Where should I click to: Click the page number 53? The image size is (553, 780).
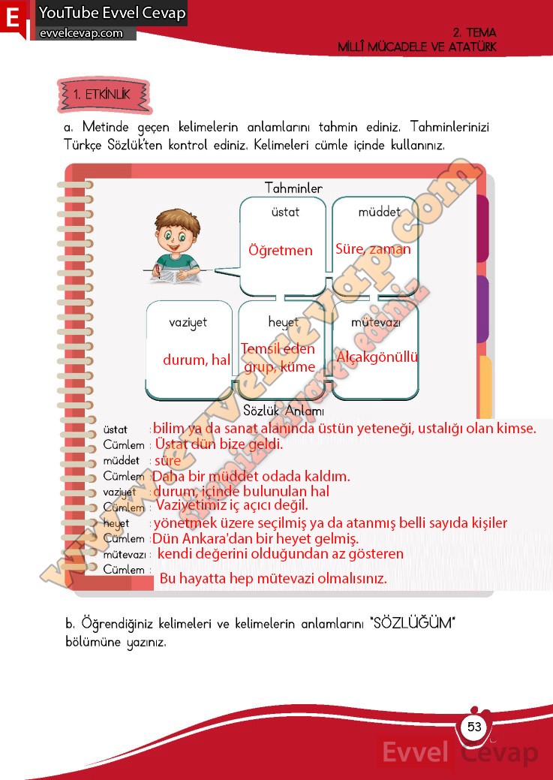pyautogui.click(x=474, y=727)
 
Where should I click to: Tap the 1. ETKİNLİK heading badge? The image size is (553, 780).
pyautogui.click(x=102, y=95)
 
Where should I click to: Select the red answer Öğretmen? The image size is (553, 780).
pyautogui.click(x=281, y=250)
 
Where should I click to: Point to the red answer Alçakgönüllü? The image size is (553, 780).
pyautogui.click(x=377, y=357)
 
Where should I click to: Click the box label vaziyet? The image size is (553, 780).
pyautogui.click(x=188, y=322)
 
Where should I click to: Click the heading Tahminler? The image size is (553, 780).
pyautogui.click(x=293, y=188)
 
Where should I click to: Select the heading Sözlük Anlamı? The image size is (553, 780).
pyautogui.click(x=284, y=411)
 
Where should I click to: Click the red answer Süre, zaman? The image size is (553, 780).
pyautogui.click(x=373, y=249)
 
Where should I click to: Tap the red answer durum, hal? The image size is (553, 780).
pyautogui.click(x=197, y=360)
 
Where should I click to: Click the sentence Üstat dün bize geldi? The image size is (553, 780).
pyautogui.click(x=219, y=444)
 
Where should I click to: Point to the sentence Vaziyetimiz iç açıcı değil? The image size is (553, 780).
pyautogui.click(x=232, y=506)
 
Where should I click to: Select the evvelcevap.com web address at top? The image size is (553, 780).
pyautogui.click(x=81, y=33)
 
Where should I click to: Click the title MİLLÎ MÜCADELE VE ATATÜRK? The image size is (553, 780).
pyautogui.click(x=416, y=47)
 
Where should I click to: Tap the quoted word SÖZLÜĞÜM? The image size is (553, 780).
pyautogui.click(x=414, y=624)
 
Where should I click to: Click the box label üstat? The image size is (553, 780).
pyautogui.click(x=285, y=212)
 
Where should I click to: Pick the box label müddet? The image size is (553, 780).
pyautogui.click(x=379, y=212)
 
